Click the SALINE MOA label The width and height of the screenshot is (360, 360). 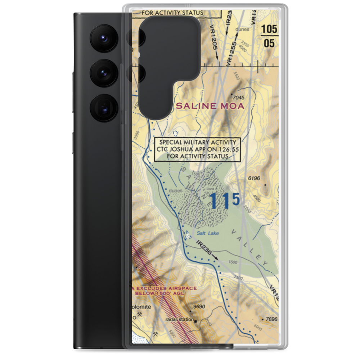click(210, 106)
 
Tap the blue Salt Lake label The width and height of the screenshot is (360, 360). click(205, 233)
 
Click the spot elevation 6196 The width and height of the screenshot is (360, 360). click(254, 178)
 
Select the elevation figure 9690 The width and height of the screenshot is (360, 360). click(199, 307)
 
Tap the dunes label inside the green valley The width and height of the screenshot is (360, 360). click(176, 191)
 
